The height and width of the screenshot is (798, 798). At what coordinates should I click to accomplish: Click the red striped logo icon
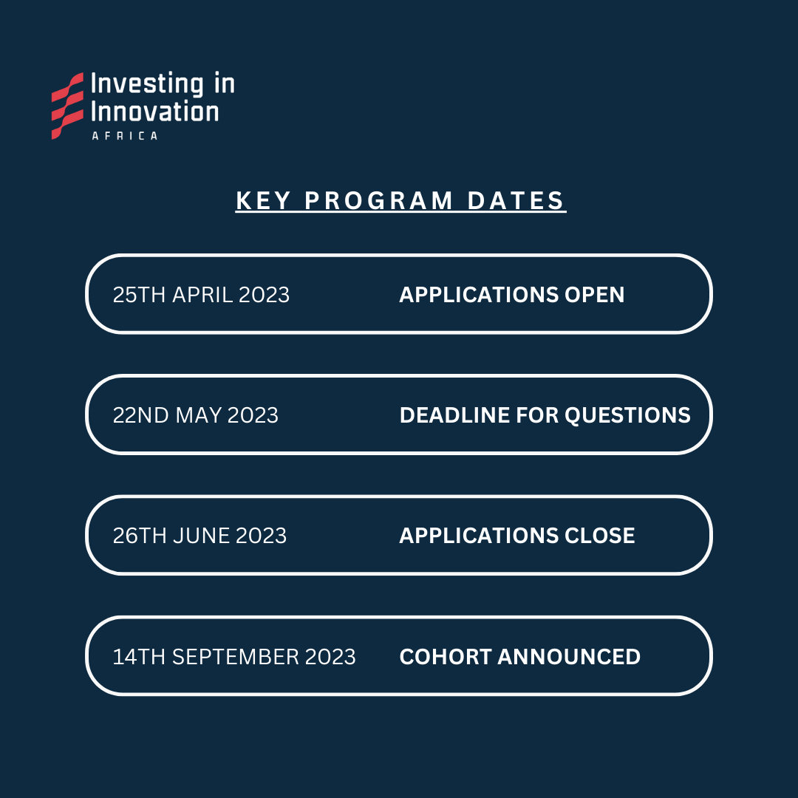pyautogui.click(x=67, y=106)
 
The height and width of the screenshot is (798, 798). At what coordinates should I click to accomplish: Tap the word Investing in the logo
pyautogui.click(x=147, y=84)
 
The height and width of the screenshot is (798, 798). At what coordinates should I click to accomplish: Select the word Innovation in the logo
pyautogui.click(x=154, y=111)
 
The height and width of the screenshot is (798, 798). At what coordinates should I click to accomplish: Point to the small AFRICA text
pyautogui.click(x=125, y=136)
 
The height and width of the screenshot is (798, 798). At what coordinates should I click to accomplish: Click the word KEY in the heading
pyautogui.click(x=263, y=200)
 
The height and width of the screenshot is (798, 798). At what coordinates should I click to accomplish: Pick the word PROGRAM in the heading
pyautogui.click(x=378, y=200)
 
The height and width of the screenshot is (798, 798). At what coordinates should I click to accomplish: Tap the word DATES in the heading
pyautogui.click(x=516, y=200)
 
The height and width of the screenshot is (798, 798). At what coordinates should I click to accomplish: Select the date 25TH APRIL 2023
pyautogui.click(x=201, y=295)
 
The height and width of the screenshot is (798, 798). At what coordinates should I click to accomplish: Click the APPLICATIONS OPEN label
pyautogui.click(x=511, y=295)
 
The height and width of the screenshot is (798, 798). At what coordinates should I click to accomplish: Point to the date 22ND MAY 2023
pyautogui.click(x=195, y=415)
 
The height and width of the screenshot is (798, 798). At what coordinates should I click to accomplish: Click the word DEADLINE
pyautogui.click(x=454, y=415)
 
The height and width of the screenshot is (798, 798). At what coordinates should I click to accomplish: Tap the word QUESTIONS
pyautogui.click(x=627, y=416)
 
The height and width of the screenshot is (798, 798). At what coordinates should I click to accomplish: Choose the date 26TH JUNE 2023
pyautogui.click(x=199, y=536)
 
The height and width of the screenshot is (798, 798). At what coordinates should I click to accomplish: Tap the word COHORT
pyautogui.click(x=446, y=657)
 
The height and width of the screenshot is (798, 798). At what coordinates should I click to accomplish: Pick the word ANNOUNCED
pyautogui.click(x=569, y=657)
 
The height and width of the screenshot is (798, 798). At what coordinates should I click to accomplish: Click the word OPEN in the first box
pyautogui.click(x=594, y=295)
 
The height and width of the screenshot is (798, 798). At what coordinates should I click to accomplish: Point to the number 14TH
pyautogui.click(x=139, y=657)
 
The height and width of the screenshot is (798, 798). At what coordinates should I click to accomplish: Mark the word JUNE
pyautogui.click(x=202, y=536)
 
